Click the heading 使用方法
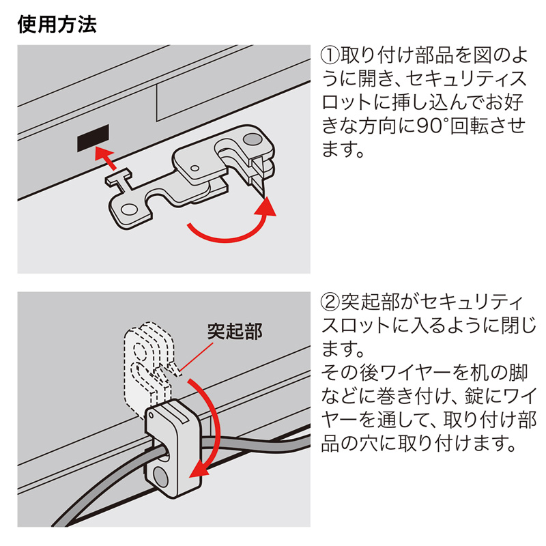click(56, 25)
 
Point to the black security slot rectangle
click(93, 139)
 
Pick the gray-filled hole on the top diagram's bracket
click(250, 139)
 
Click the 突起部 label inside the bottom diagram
click(234, 332)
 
